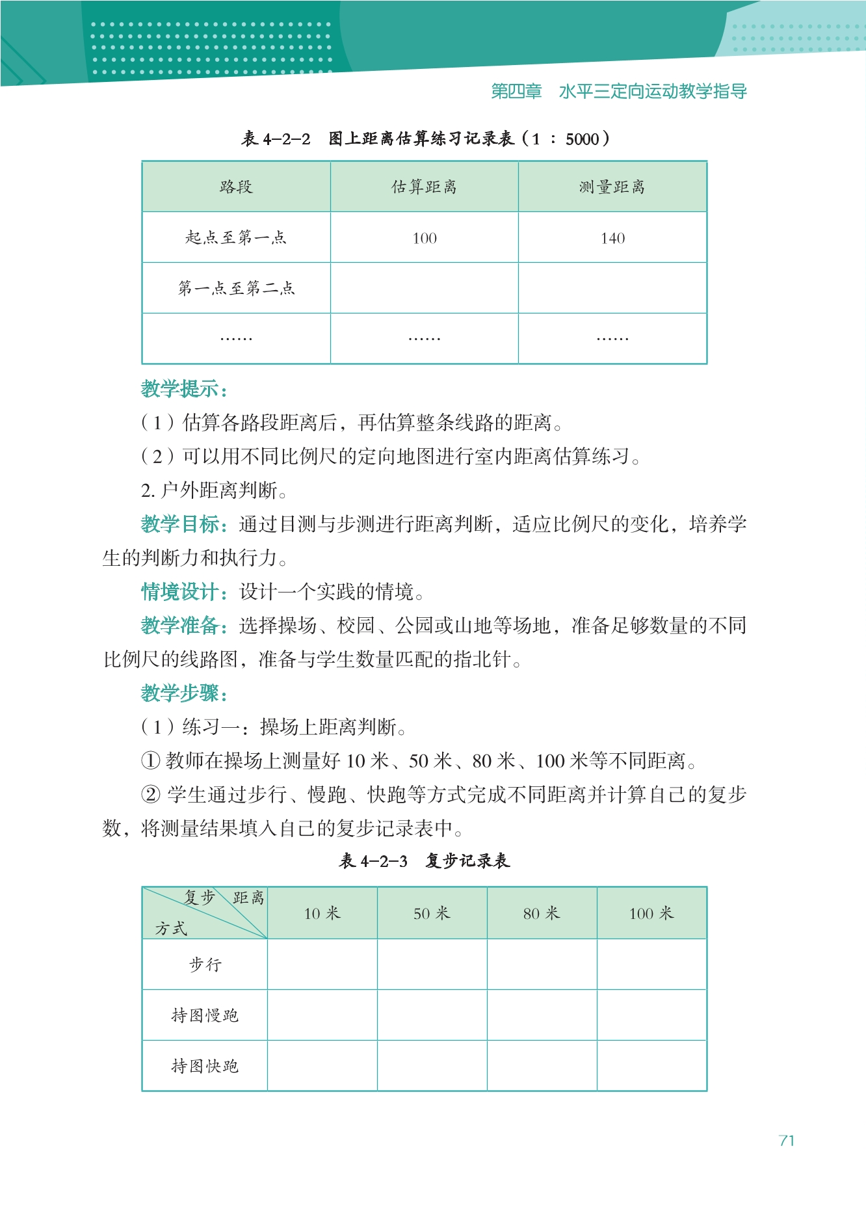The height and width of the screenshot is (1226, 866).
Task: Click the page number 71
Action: point(786,1140)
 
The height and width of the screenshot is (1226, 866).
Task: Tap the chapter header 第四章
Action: point(516,91)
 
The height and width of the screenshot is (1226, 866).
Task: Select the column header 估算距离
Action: point(424,187)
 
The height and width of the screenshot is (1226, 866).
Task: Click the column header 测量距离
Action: point(612,187)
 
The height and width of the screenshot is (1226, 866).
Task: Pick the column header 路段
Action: point(236,187)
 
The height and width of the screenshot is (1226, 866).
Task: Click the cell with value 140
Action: point(612,238)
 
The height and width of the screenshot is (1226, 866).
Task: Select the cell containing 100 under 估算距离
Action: point(425,238)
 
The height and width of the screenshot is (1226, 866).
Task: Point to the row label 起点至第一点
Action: point(236,237)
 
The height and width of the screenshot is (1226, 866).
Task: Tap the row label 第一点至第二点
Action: point(236,287)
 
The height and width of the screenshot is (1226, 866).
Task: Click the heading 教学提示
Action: point(184,389)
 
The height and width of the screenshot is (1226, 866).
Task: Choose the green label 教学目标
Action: point(184,524)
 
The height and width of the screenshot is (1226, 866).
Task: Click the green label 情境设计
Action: point(184,591)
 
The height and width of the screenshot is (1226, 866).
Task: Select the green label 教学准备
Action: point(184,625)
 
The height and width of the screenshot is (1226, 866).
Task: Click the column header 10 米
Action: point(322,913)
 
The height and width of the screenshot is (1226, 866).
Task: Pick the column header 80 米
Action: point(542,913)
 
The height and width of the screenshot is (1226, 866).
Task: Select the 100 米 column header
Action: point(651,913)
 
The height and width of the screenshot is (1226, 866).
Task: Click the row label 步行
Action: point(205,964)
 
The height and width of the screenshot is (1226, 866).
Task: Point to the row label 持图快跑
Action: point(205,1065)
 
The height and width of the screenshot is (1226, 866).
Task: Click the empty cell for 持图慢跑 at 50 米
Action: point(432,1015)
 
